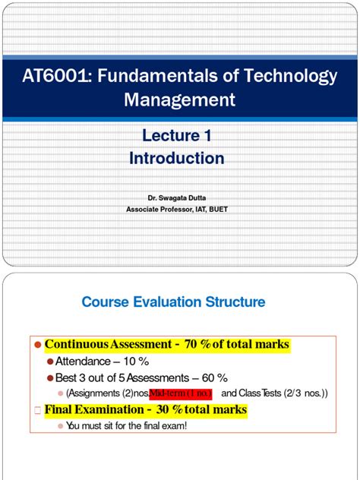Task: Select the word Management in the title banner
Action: coord(180,99)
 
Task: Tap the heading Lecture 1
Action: coord(176,137)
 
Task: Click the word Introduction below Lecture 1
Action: coord(176,158)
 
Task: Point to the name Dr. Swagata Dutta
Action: coord(175,196)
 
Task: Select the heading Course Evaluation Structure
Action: coord(173,302)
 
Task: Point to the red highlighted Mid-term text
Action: coord(181,393)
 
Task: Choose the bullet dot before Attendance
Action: coord(50,362)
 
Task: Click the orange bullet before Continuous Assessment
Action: coord(36,345)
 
